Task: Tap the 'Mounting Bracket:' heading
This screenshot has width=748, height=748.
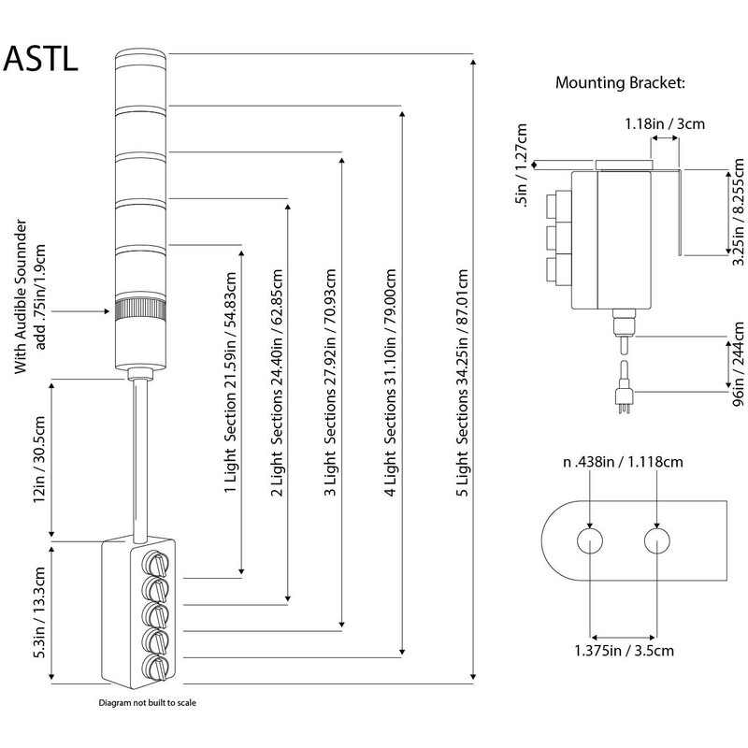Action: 619,82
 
